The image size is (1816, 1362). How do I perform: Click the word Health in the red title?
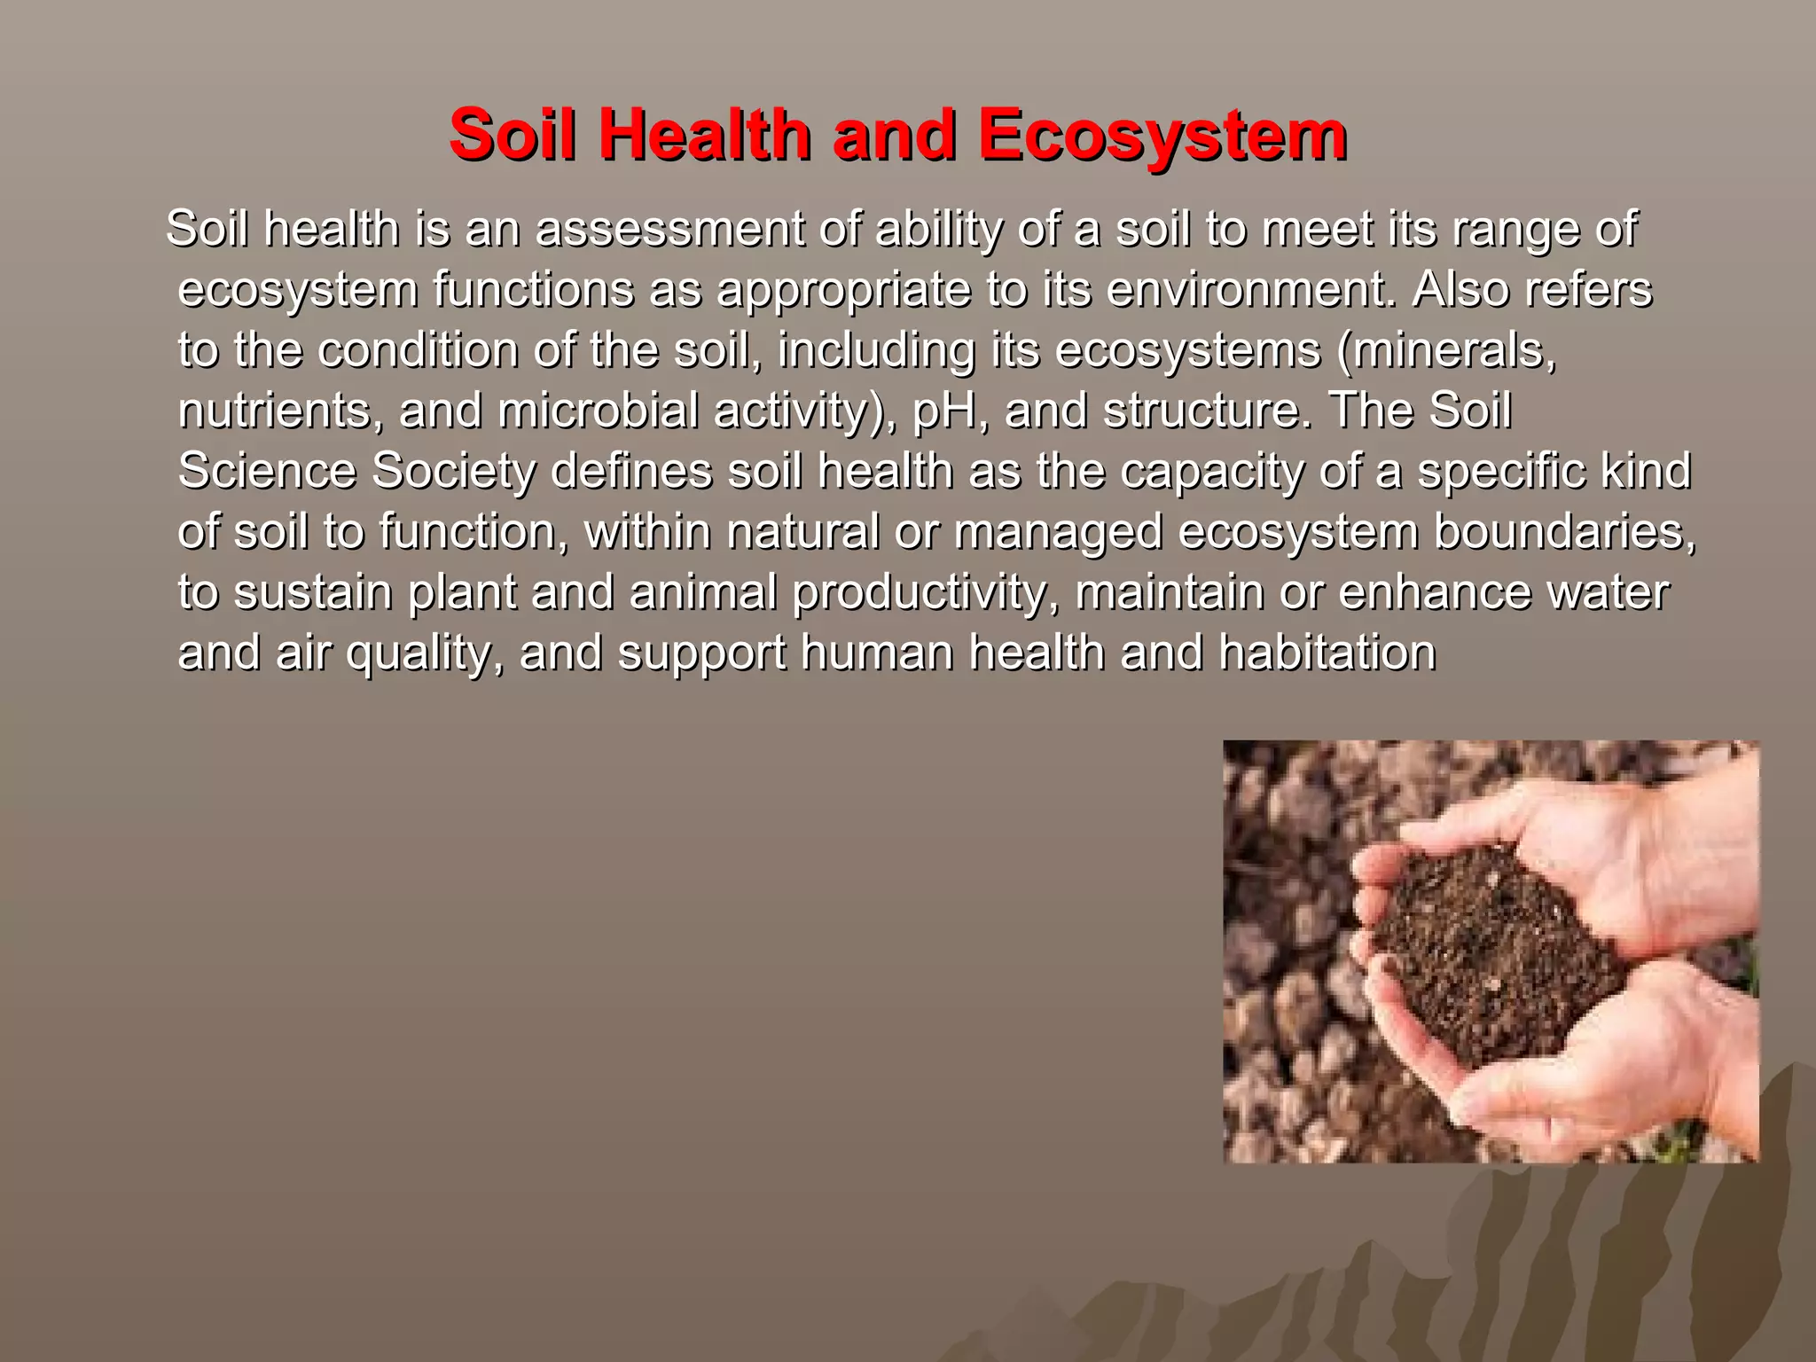coord(704,135)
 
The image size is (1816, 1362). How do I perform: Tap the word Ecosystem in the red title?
coord(1162,135)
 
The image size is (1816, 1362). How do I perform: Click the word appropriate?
coord(843,289)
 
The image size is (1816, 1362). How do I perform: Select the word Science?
coord(267,470)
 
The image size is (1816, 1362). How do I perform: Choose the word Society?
coord(453,470)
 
